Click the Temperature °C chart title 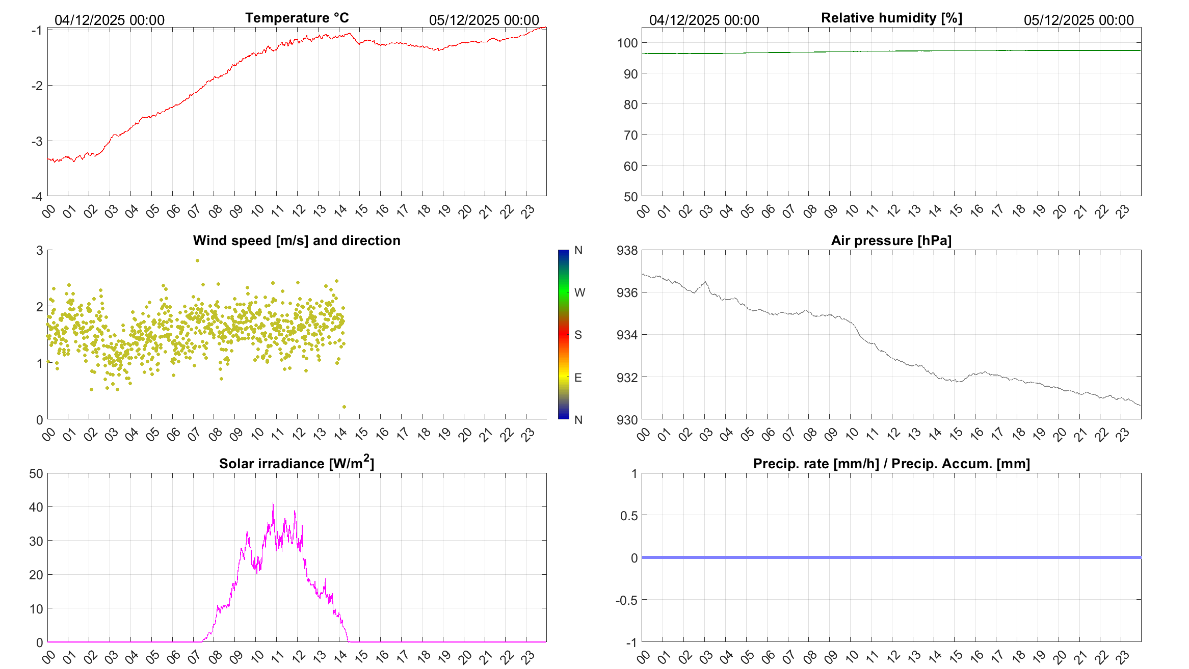coord(297,18)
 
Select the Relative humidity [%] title coord(891,18)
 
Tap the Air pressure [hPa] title coord(891,241)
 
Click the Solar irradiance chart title coord(297,463)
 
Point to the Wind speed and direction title coord(297,241)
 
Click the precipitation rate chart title coord(891,464)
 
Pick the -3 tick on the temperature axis coord(37,141)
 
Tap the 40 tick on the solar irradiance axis coord(36,507)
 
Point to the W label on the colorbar coord(579,293)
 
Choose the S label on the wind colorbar coord(578,335)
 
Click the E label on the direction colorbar coord(578,378)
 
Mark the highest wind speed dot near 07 coord(198,260)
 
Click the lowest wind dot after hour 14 coord(344,407)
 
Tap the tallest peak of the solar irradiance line coord(273,504)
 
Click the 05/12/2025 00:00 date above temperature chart coord(484,20)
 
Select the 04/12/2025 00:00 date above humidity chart coord(704,20)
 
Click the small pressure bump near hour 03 coord(705,282)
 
